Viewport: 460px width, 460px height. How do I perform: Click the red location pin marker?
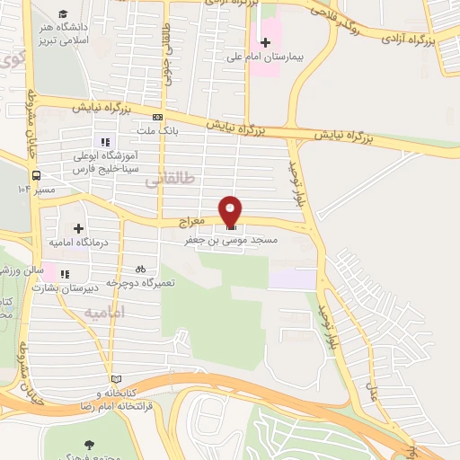point(232,210)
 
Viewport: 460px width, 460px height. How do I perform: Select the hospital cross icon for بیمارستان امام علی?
point(265,41)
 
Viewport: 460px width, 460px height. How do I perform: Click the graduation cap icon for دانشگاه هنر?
point(63,13)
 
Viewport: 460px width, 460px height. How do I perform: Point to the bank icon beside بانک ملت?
point(158,117)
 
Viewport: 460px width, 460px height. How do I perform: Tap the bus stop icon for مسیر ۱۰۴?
point(37,175)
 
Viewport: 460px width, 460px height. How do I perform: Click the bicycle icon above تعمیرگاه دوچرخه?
point(139,269)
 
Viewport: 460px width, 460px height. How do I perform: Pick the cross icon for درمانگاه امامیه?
point(79,228)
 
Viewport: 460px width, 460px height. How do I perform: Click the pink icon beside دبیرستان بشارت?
point(64,273)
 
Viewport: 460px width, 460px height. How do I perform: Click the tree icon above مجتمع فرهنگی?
point(89,444)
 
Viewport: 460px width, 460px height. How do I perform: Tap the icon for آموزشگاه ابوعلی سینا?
point(105,141)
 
